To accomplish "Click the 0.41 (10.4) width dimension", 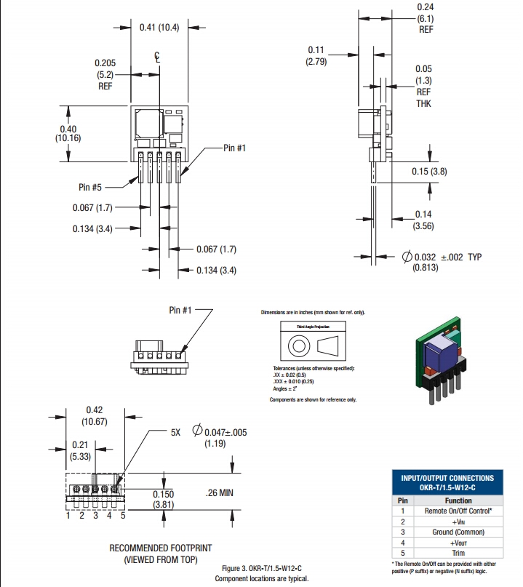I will coord(159,27).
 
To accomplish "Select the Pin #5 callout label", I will coord(94,187).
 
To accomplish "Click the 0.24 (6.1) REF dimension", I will coord(426,18).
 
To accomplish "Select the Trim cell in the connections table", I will coord(458,553).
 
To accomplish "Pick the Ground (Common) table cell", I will coord(458,532).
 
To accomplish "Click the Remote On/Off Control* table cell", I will coord(458,511).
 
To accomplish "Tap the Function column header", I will coord(458,500).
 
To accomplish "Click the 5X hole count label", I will coord(175,432).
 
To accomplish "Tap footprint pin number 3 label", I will coord(95,516).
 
